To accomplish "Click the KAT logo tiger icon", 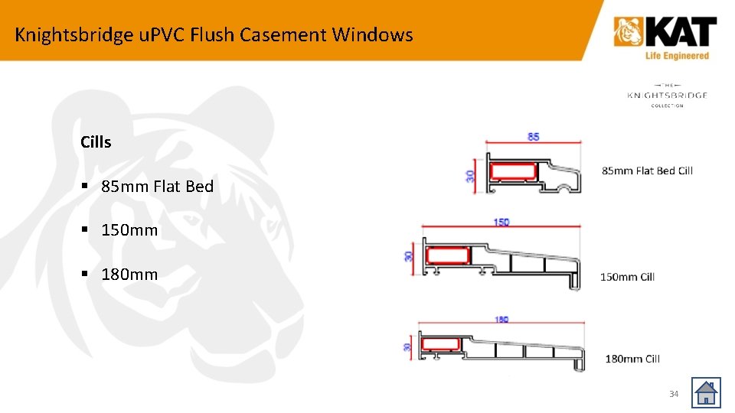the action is (629, 33).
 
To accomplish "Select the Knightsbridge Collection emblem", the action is (667, 95).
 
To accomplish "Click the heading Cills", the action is (96, 142).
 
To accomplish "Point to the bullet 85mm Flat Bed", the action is (157, 186).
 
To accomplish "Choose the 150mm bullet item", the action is (129, 230).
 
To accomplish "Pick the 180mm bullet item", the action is (129, 275).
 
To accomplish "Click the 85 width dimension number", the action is (533, 137).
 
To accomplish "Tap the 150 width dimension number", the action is (501, 223).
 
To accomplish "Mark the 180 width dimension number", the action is (501, 320).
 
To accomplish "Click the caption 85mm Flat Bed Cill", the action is (647, 171).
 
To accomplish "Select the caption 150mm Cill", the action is (627, 277).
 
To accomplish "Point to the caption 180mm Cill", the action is (632, 359).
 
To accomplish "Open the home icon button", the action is (705, 393).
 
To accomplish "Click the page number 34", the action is (674, 394).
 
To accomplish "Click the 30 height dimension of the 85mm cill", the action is (470, 175).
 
